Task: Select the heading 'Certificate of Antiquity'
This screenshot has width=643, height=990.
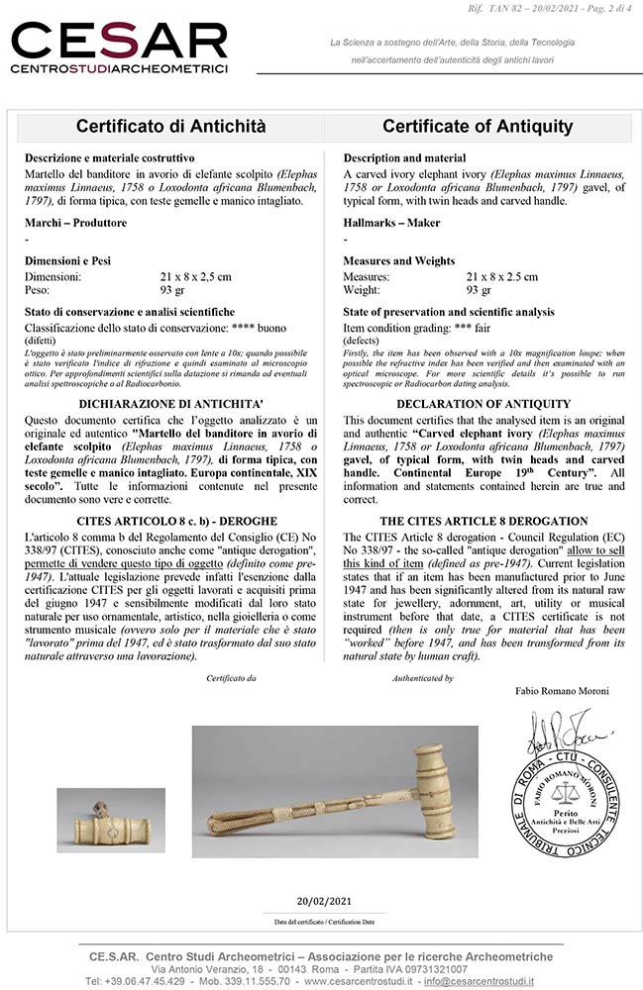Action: pos(478,127)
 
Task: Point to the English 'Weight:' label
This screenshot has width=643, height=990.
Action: pos(364,291)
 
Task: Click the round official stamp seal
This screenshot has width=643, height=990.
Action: pos(569,792)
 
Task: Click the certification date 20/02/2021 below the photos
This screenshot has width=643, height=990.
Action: pos(324,901)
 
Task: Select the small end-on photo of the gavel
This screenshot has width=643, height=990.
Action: pos(108,818)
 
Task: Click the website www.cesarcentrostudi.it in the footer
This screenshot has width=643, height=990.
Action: pos(358,981)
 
